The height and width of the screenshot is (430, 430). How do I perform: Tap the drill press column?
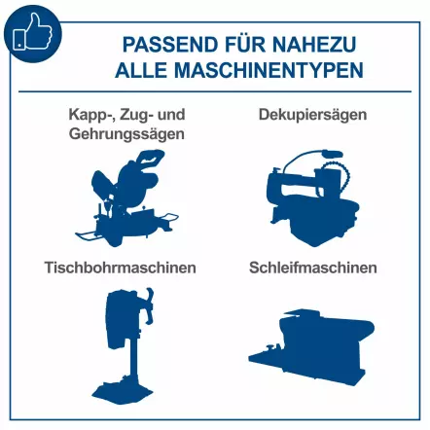tap(118, 365)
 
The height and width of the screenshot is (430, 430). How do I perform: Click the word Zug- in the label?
tap(133, 115)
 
